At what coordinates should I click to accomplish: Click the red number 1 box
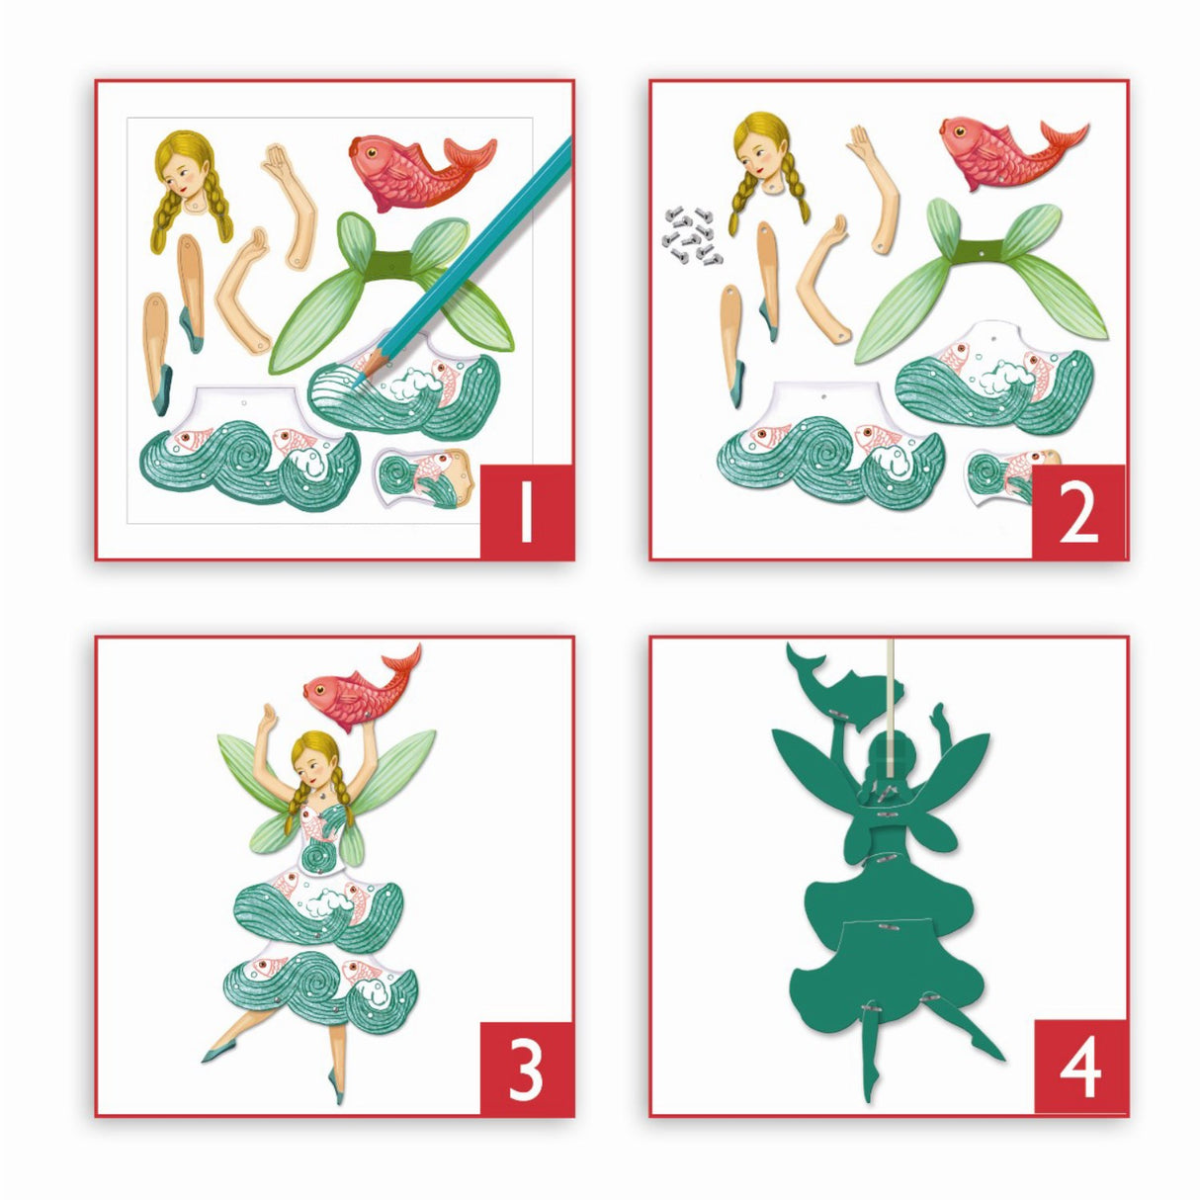[526, 511]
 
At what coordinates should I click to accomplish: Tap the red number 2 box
[1078, 511]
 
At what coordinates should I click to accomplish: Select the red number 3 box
[526, 1069]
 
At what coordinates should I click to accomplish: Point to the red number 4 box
[1079, 1068]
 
